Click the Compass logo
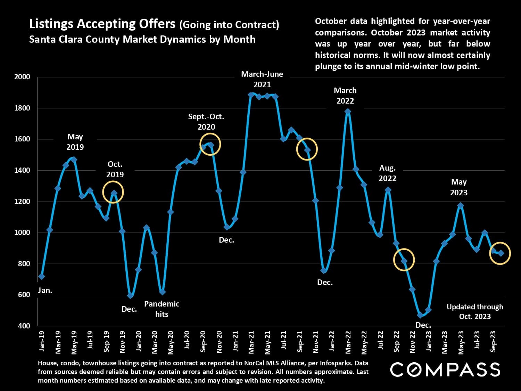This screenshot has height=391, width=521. point(445,369)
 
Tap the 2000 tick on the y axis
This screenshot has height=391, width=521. point(22,77)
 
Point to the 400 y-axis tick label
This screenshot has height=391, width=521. point(24,326)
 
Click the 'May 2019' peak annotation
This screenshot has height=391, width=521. point(75,142)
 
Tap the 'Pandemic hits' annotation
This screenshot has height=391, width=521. point(162,309)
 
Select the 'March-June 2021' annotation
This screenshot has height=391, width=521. point(262,79)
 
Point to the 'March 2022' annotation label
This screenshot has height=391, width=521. point(345,96)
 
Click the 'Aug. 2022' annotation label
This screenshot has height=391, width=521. point(387,173)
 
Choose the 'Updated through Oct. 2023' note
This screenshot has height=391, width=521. point(475,311)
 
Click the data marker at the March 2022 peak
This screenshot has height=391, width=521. point(348,112)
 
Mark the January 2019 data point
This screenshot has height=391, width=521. point(42,276)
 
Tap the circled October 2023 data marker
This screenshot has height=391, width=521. point(501,253)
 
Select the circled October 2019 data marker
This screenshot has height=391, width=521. point(114,193)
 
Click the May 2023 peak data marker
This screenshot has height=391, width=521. point(461,205)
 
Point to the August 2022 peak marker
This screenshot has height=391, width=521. point(388,190)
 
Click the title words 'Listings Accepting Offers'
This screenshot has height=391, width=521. point(102,24)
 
